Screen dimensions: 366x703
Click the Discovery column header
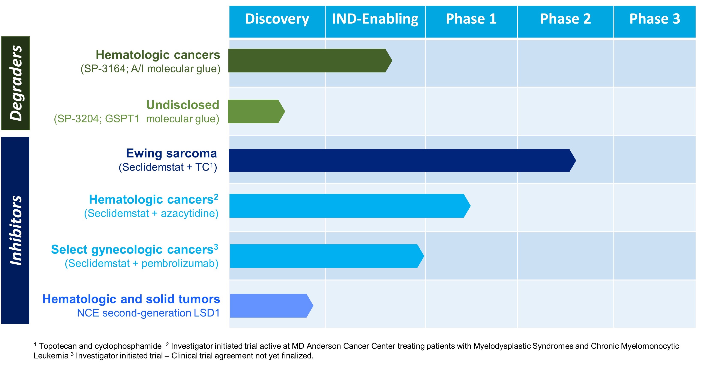(x=277, y=19)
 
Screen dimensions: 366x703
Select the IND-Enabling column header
(x=375, y=19)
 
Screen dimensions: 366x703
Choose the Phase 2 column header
(x=565, y=19)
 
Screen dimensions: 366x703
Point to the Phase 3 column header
(x=655, y=19)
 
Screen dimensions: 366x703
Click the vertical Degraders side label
(x=16, y=83)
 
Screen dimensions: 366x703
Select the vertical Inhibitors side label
(x=16, y=230)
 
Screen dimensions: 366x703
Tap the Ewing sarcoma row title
(x=171, y=153)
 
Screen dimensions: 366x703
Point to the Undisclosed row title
(x=183, y=105)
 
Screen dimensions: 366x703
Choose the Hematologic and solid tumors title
(x=131, y=299)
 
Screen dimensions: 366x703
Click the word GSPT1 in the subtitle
(x=122, y=119)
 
